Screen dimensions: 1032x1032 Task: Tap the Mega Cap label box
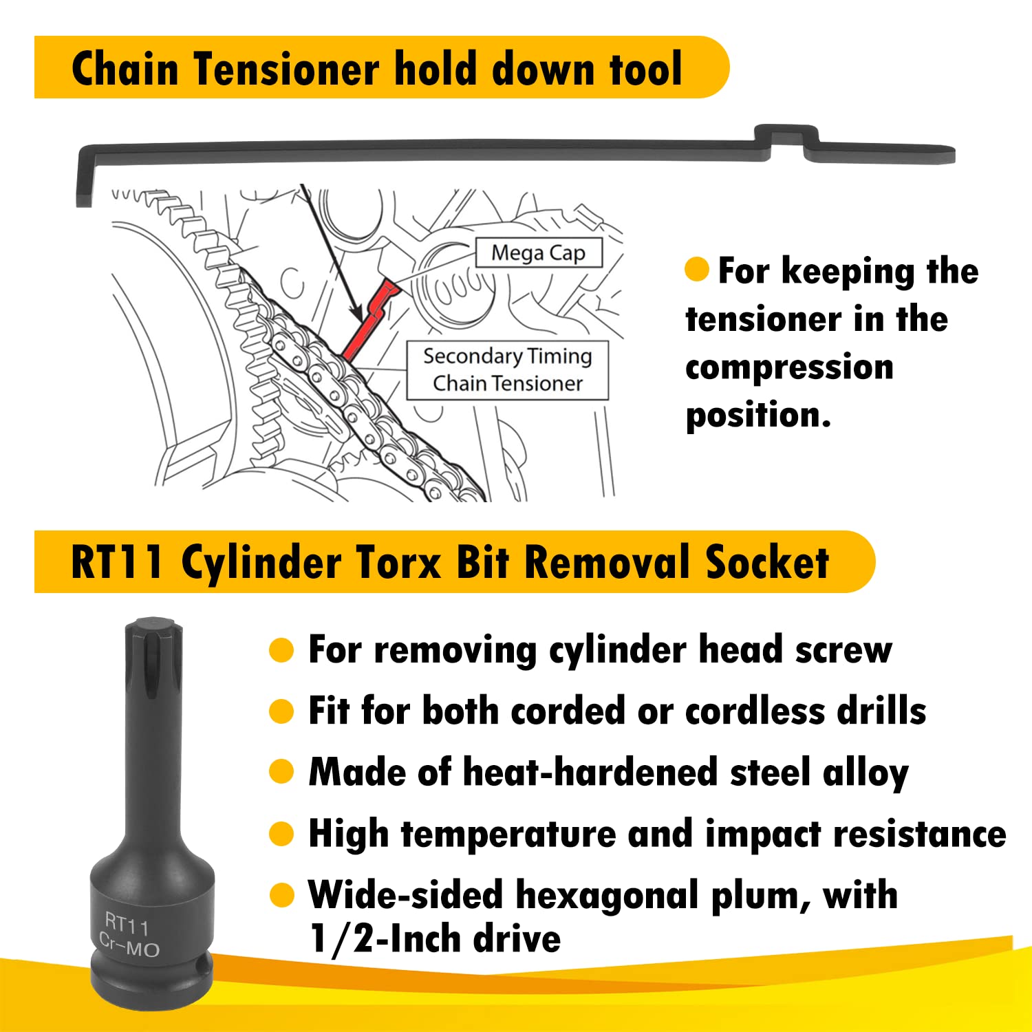coord(539,252)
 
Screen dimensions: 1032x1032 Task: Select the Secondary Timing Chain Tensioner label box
coord(508,369)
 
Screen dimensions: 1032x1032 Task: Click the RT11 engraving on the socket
coord(127,924)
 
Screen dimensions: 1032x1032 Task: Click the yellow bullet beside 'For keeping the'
coord(697,270)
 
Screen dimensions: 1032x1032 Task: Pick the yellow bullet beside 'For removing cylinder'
coord(281,650)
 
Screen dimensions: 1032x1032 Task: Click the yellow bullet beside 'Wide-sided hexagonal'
coord(281,895)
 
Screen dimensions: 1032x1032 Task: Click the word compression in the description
coord(789,367)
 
